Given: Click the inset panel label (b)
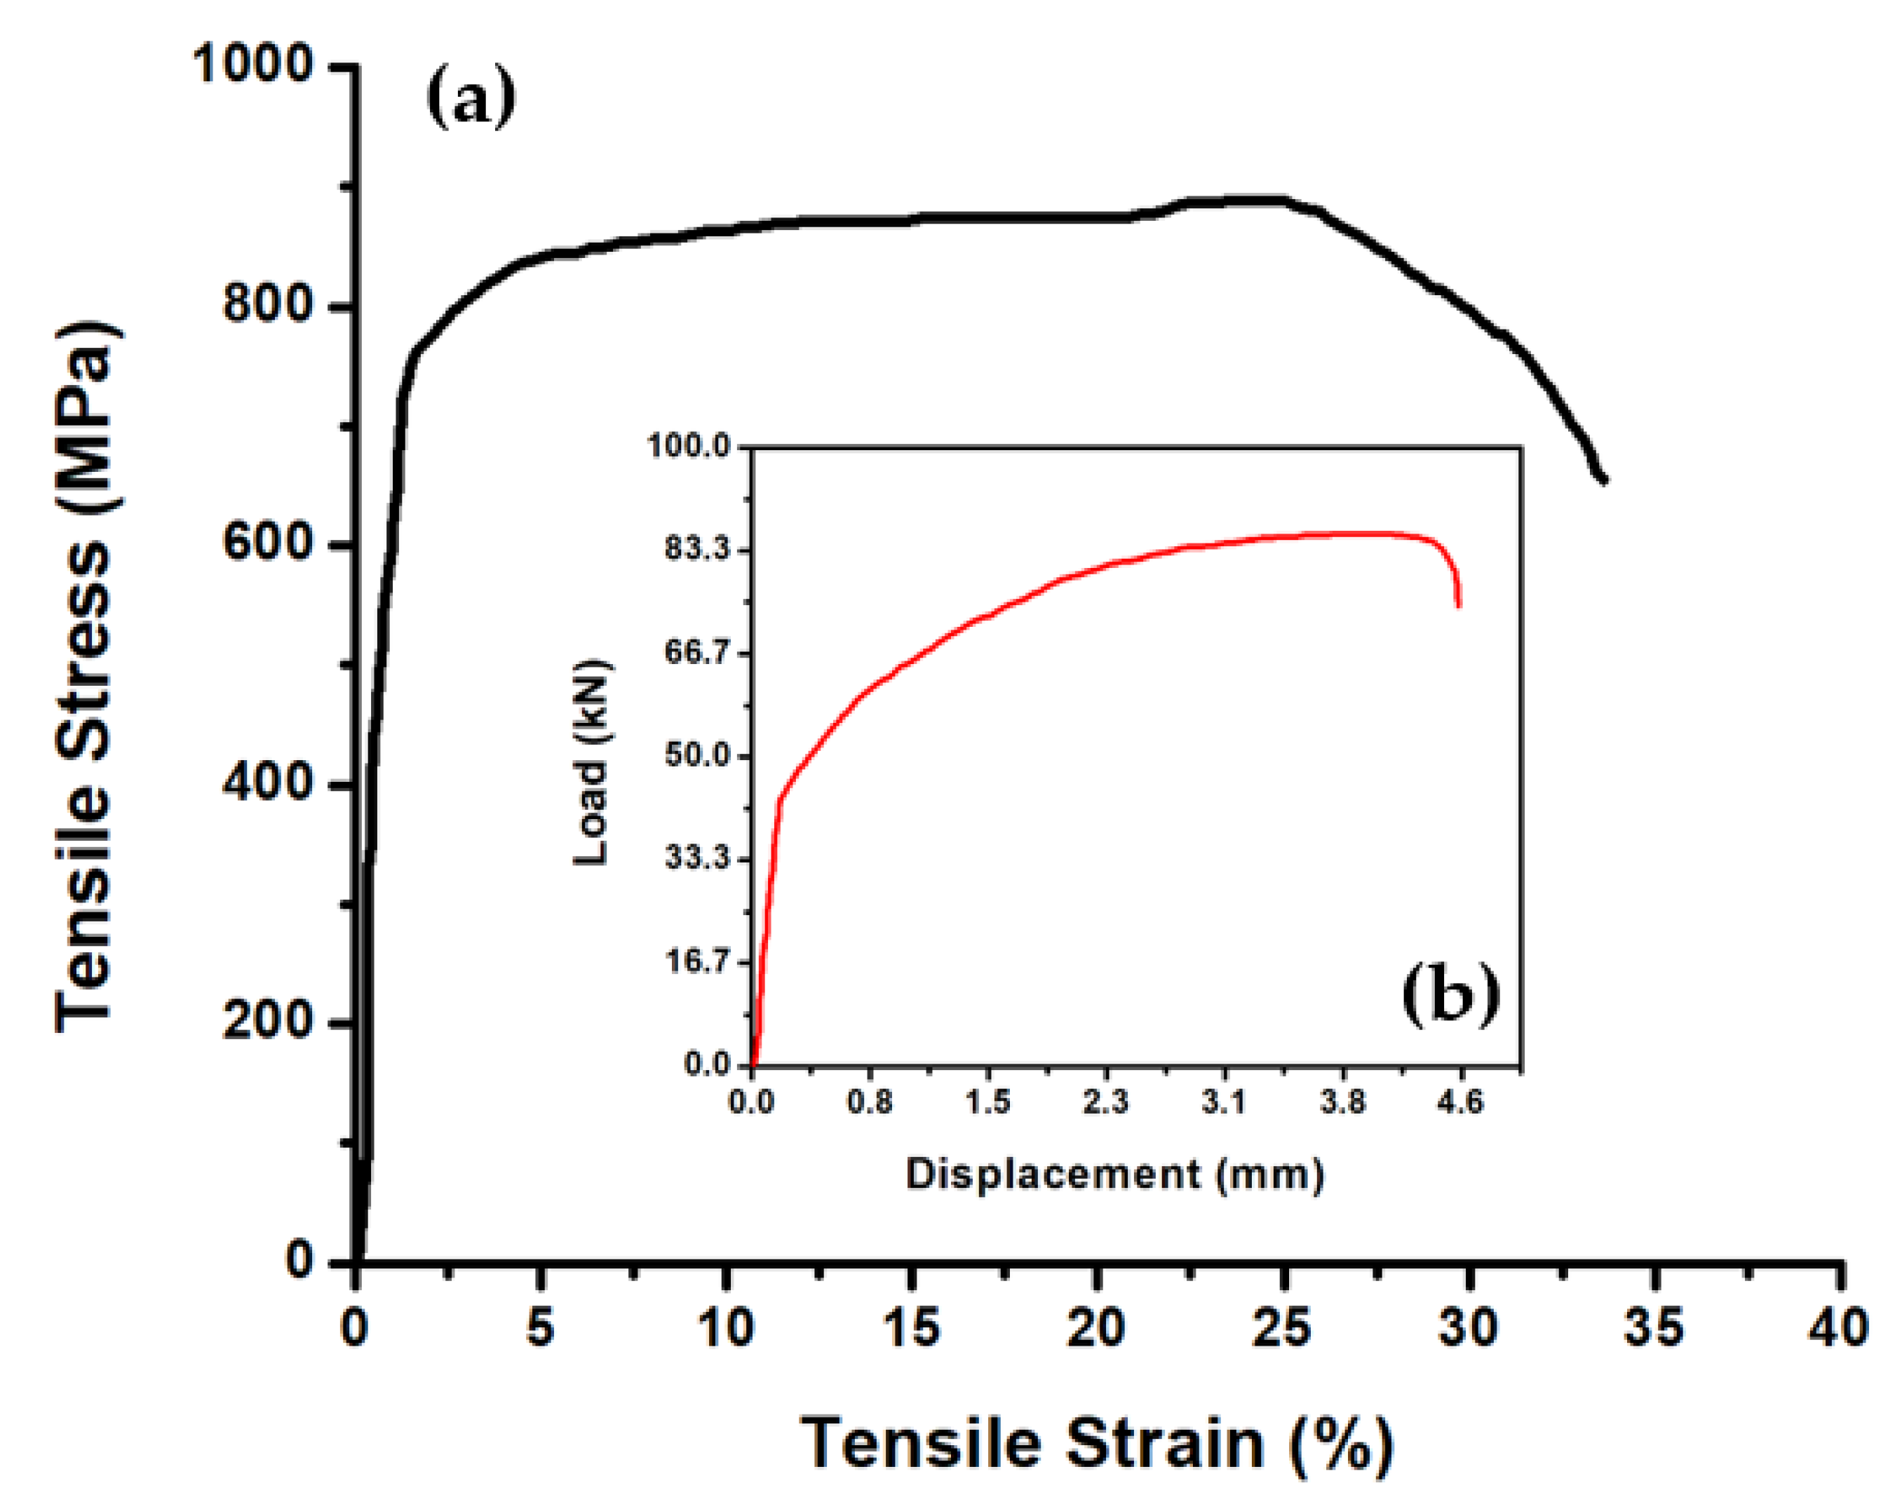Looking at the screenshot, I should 1450,996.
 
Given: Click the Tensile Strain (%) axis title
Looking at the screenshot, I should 1096,1444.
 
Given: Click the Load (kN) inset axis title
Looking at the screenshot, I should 591,761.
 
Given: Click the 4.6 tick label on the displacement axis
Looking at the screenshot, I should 1460,1101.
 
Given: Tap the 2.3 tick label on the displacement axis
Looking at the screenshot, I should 1105,1101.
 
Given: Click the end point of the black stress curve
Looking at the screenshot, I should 1605,480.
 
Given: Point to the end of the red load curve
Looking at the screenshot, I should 1459,606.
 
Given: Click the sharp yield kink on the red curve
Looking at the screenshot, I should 778,799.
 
